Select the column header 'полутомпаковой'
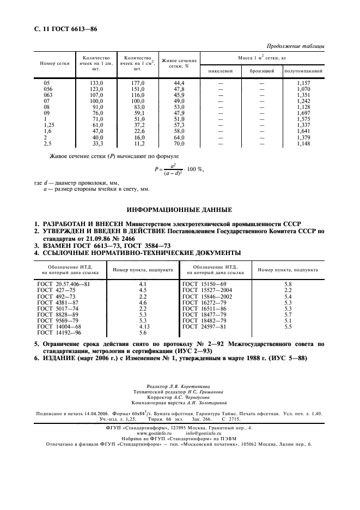point(304,71)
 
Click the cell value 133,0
point(96,82)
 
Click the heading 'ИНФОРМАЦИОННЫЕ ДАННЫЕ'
point(179,209)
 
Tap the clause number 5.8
point(288,284)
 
